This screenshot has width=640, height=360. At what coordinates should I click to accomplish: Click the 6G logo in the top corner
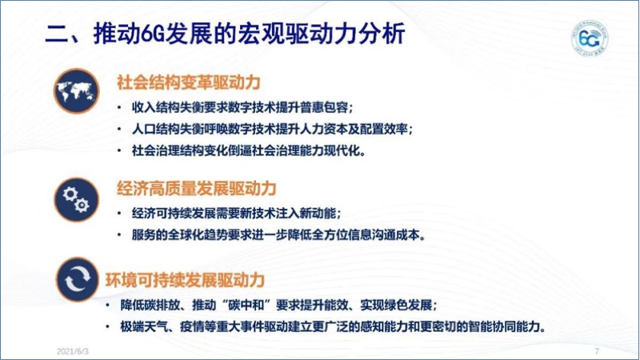[590, 38]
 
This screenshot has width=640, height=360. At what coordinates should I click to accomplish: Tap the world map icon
[76, 91]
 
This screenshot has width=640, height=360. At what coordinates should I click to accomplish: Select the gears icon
[76, 199]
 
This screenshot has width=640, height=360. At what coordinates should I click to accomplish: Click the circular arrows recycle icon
[77, 279]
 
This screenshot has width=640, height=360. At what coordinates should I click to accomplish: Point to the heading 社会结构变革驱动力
[189, 83]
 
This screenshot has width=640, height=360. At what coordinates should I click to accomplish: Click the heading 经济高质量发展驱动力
[197, 189]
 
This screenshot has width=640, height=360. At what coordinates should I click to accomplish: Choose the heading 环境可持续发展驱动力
[186, 280]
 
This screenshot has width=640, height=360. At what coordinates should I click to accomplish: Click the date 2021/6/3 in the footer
[73, 351]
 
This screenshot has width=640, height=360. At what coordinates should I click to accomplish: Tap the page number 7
[597, 351]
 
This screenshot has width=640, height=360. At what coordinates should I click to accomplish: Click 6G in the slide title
[153, 34]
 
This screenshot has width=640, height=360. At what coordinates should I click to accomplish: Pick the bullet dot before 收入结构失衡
[119, 108]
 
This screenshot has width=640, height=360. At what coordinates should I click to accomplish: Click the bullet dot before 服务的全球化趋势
[119, 234]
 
